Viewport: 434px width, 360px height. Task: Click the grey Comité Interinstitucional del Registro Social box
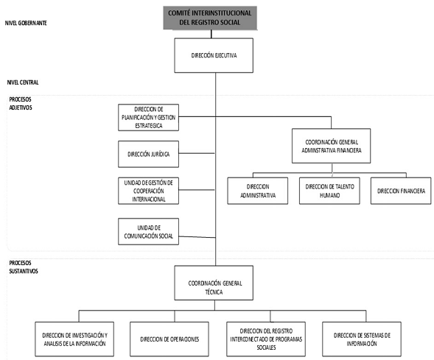tap(210, 18)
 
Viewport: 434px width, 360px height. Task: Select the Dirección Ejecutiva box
tap(214, 55)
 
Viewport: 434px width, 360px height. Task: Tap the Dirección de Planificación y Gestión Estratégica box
tap(148, 117)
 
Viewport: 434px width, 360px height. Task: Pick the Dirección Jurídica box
tap(148, 154)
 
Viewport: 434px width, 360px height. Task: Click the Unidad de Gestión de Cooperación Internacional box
tap(148, 191)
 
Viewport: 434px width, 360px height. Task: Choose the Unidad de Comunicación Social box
tap(148, 231)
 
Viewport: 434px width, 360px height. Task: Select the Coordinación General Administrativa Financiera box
tap(331, 146)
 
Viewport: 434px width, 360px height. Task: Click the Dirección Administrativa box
tap(258, 191)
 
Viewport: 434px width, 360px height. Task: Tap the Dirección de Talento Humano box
tap(329, 191)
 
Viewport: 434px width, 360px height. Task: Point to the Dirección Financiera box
tap(401, 191)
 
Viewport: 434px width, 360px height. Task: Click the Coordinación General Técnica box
tap(214, 283)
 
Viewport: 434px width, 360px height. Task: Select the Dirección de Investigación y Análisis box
tap(74, 339)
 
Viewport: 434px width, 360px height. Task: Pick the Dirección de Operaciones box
tap(169, 339)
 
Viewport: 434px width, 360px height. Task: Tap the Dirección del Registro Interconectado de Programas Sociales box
tap(266, 339)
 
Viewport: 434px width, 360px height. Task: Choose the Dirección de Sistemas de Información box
tap(362, 339)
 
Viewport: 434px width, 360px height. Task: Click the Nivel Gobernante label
tap(26, 23)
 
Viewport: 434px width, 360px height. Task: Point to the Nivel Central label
tap(23, 82)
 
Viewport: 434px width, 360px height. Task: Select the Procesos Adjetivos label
tap(21, 103)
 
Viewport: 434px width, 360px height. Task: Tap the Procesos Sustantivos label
tap(24, 267)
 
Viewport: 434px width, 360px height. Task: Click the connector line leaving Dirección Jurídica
tap(197, 153)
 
